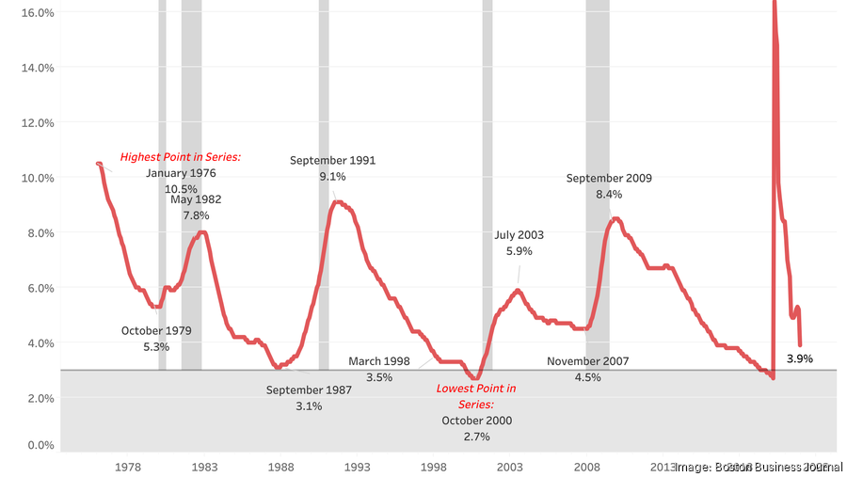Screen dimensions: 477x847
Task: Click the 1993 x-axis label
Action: (357, 467)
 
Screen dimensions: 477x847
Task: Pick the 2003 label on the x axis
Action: (509, 467)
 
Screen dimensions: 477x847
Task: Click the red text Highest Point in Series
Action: (181, 157)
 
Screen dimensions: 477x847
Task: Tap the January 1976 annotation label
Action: (181, 173)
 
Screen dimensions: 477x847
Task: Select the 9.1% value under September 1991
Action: (332, 176)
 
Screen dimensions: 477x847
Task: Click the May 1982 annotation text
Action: (196, 199)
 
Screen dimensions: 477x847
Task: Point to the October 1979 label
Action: (156, 330)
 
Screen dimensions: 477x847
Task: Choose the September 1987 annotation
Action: (309, 390)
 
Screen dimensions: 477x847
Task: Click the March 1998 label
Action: (379, 361)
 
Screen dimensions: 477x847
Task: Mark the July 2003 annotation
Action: (519, 235)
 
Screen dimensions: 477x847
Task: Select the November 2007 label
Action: (587, 361)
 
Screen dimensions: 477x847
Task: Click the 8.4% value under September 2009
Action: (609, 194)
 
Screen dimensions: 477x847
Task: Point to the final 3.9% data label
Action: (800, 358)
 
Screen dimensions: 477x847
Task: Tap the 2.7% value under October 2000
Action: (476, 437)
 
